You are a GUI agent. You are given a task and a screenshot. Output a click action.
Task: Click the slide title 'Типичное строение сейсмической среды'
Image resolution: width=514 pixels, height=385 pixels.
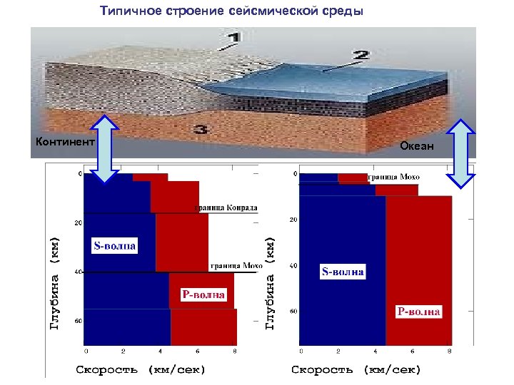point(231,12)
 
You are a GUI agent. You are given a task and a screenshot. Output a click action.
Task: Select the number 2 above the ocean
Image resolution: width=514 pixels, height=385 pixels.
point(360,55)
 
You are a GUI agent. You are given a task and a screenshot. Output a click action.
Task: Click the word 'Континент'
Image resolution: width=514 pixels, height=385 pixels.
point(65,142)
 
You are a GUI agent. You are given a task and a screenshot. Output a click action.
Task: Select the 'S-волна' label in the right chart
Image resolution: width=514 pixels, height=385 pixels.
point(343,272)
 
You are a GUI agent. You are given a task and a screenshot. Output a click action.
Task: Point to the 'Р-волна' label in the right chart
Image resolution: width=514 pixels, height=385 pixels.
point(419,312)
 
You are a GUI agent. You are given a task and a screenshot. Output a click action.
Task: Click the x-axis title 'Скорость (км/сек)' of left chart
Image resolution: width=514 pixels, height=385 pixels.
point(141,369)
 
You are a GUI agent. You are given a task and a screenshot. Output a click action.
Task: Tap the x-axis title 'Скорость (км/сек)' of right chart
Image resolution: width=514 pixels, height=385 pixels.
point(356,369)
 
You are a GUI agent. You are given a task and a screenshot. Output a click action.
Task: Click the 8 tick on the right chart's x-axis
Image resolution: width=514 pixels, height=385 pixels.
point(448,351)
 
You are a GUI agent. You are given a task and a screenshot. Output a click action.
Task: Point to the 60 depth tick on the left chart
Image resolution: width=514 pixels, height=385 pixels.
point(78,321)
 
